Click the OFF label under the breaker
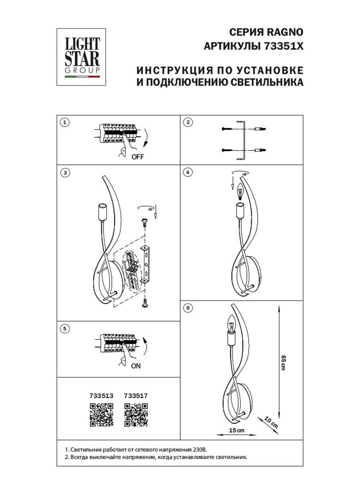137,156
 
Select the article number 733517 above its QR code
136,396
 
